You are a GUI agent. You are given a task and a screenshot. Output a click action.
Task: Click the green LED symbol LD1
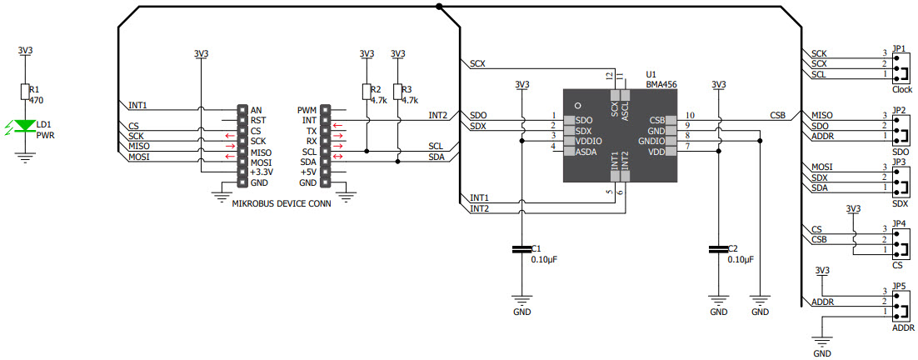click(26, 127)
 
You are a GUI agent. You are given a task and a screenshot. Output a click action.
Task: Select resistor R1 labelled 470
click(26, 92)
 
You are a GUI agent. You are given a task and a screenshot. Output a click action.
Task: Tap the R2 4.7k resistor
click(366, 92)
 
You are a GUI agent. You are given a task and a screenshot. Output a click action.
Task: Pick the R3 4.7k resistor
click(397, 92)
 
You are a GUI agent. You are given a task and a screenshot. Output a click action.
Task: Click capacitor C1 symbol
click(521, 248)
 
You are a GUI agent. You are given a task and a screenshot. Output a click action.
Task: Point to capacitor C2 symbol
click(718, 248)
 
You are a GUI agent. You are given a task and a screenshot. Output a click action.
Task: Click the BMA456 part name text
click(661, 84)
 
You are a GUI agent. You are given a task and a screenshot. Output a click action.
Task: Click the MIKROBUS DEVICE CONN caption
click(280, 202)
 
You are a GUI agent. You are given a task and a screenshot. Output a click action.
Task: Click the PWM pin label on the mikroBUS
click(307, 110)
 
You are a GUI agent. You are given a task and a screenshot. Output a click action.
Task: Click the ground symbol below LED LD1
click(26, 155)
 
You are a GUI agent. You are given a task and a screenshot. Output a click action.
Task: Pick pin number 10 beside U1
click(689, 115)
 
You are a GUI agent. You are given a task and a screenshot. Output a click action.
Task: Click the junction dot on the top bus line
click(439, 7)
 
